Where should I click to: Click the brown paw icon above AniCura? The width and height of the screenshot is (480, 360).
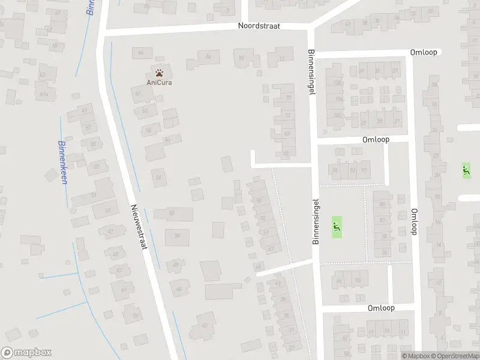159,73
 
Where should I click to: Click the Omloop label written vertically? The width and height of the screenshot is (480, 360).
413,222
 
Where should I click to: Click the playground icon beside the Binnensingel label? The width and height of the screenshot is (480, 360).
336,227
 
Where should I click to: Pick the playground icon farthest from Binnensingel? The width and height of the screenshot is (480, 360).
465,170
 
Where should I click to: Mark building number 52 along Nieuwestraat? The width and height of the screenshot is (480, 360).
173,214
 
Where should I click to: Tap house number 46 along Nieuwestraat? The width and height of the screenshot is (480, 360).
178,290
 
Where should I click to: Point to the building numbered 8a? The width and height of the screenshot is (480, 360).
208,57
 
